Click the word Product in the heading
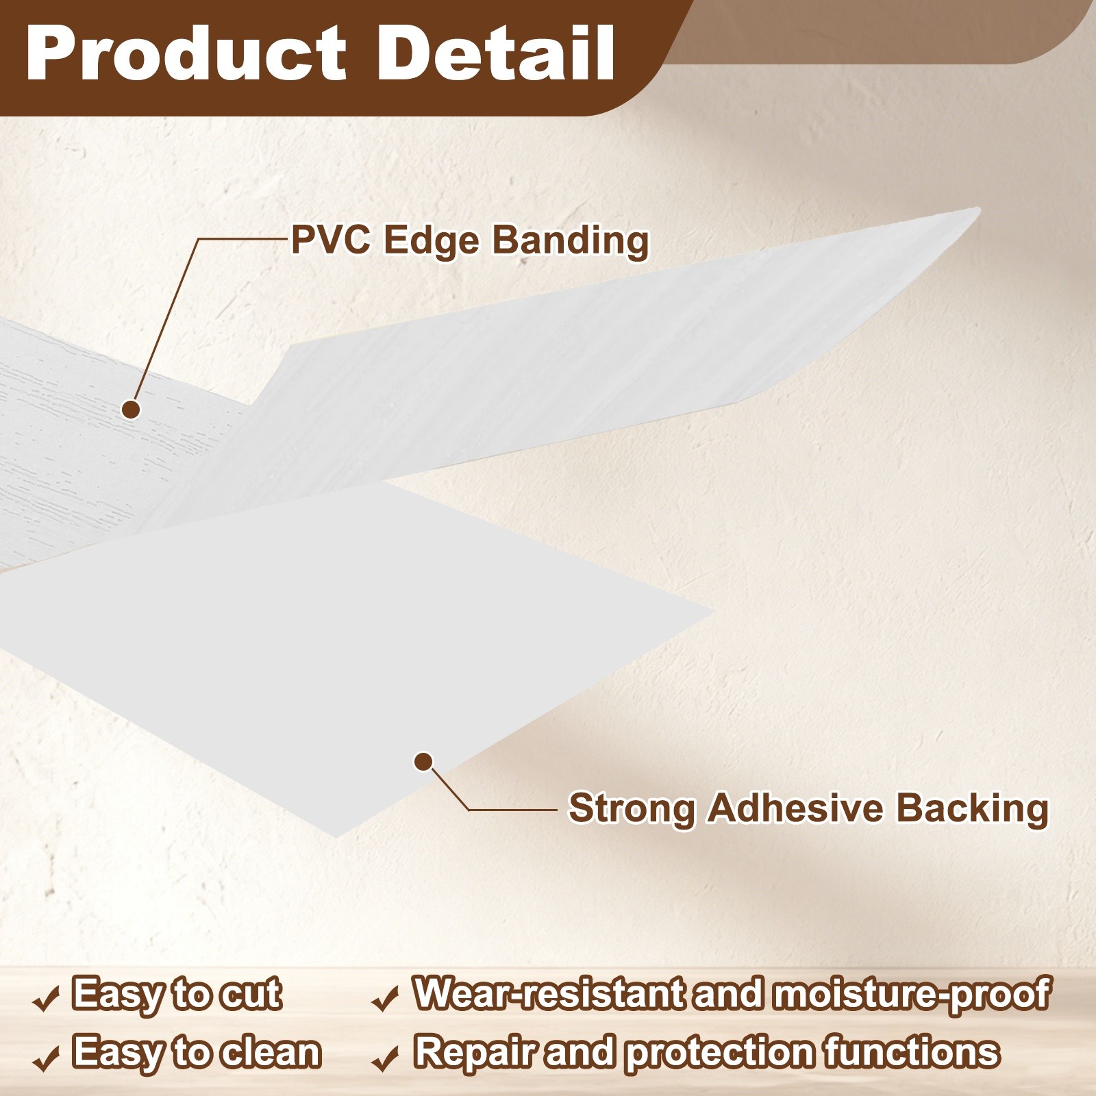(x=186, y=53)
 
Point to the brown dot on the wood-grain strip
(x=131, y=410)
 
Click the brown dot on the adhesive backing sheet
(x=423, y=761)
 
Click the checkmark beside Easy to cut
(x=45, y=1001)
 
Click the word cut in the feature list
(x=250, y=995)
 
